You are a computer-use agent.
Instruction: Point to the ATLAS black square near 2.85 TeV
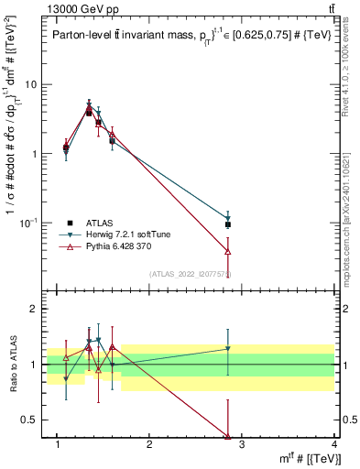227,224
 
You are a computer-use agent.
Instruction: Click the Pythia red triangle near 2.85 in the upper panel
227,251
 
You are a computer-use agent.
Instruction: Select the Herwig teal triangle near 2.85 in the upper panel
227,219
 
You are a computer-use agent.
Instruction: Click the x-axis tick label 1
58,445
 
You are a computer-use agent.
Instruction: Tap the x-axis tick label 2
150,445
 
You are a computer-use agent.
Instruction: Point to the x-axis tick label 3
242,445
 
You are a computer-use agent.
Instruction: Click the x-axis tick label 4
333,445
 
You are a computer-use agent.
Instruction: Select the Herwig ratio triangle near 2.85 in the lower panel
227,348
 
